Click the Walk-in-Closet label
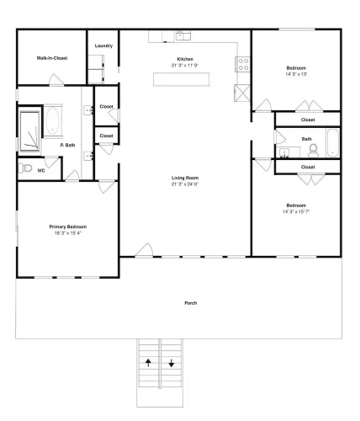[52, 58]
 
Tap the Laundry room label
[103, 45]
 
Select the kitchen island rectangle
[181, 79]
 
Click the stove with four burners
[243, 64]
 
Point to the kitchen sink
[183, 35]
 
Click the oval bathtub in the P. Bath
[53, 121]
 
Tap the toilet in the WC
[25, 168]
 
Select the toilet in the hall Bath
[313, 151]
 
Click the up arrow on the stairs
[148, 363]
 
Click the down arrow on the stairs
[172, 363]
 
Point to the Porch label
[191, 303]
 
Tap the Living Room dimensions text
[185, 184]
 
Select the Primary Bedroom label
[68, 226]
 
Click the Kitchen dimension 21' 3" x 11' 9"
[185, 66]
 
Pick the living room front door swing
[144, 250]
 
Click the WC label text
[41, 171]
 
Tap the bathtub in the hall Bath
[332, 143]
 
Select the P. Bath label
[67, 145]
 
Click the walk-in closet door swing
[56, 80]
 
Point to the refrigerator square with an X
[242, 93]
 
